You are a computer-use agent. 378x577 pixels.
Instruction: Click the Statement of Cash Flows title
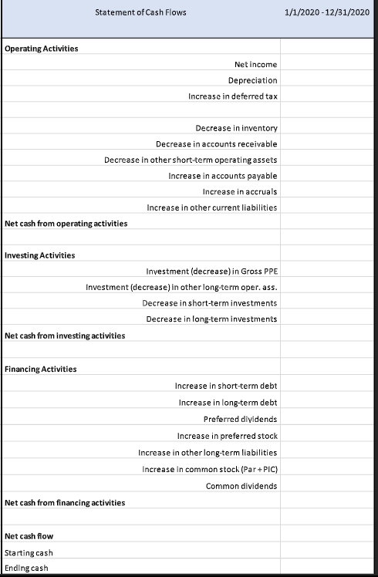(140, 12)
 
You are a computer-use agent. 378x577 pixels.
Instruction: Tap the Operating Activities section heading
(42, 49)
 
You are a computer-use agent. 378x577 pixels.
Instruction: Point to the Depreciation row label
(252, 80)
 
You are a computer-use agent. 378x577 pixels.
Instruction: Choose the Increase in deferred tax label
(232, 96)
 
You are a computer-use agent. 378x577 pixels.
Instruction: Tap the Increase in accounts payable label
(222, 176)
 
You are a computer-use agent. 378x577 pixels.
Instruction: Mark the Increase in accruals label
(239, 191)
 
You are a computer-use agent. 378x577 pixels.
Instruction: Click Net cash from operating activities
(66, 223)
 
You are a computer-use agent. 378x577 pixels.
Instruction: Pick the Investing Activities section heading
(40, 255)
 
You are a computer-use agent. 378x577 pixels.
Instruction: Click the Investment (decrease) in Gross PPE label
(211, 272)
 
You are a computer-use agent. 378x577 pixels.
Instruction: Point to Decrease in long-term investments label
(211, 319)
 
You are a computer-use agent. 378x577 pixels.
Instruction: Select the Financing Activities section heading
(41, 369)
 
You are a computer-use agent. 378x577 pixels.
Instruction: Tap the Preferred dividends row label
(240, 419)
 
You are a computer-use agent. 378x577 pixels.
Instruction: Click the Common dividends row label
(241, 485)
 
